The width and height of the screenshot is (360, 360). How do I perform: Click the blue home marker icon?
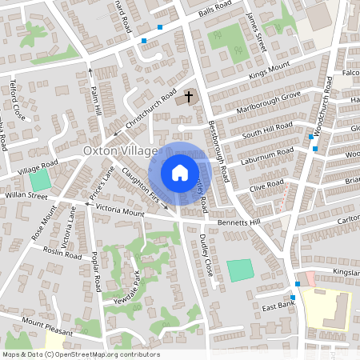tap(180, 172)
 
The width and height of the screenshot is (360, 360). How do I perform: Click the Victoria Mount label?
tap(119, 213)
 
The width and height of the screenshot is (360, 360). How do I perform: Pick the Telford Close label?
tap(17, 100)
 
